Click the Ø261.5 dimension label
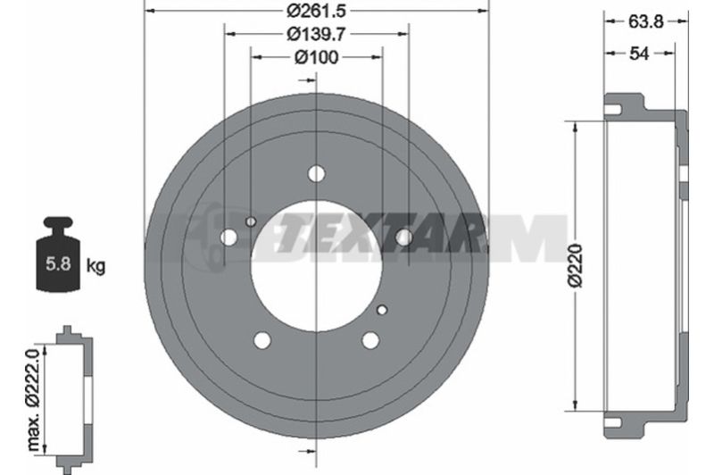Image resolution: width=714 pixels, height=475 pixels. point(316,11)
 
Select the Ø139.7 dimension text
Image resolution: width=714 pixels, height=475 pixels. point(316,34)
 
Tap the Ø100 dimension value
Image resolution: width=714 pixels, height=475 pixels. point(317,57)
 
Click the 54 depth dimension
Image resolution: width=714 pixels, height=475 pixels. point(638,54)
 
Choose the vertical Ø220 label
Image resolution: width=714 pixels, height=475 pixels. point(576,265)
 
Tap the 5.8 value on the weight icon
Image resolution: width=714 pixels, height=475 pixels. point(58,263)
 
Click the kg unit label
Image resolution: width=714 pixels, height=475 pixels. point(95,265)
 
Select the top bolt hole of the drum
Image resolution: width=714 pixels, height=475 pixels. point(316,173)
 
